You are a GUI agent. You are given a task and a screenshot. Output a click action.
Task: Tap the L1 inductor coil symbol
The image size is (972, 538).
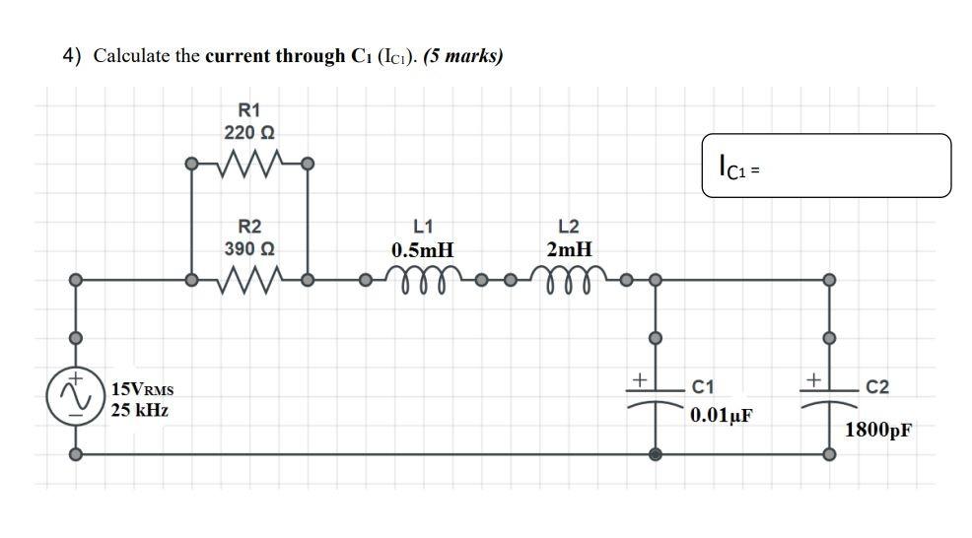coord(421,281)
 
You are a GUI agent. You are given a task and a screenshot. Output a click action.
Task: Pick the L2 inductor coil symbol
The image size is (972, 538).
coord(569,281)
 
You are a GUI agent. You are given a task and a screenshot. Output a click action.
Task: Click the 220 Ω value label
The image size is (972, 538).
coord(248,131)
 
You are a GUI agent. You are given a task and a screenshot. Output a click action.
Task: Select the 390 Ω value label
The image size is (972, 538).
coord(248,248)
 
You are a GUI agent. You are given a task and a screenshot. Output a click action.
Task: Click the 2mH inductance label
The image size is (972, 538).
coord(569,250)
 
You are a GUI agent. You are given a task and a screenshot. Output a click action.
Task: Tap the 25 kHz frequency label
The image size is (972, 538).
coord(139,409)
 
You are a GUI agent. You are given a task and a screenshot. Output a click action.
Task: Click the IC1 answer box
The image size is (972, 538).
coord(827,166)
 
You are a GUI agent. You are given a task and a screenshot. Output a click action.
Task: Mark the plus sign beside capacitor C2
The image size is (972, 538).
coord(812,377)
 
